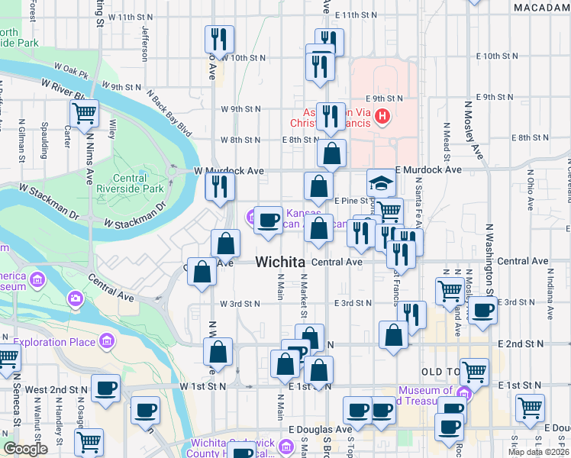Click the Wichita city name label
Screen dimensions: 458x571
click(x=280, y=262)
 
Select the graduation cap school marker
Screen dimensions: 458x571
click(x=381, y=183)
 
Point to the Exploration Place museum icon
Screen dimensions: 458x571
click(x=106, y=340)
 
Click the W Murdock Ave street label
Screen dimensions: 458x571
click(x=228, y=170)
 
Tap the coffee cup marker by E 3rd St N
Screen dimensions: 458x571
click(x=482, y=310)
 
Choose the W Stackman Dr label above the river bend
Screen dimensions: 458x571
click(x=134, y=215)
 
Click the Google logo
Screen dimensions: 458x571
click(x=26, y=449)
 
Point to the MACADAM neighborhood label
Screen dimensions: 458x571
click(x=541, y=7)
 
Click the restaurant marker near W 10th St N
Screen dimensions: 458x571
click(x=219, y=39)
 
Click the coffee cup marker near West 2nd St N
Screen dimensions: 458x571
click(x=106, y=389)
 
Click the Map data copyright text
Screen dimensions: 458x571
click(x=539, y=452)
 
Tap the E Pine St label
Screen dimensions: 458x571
click(x=352, y=200)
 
